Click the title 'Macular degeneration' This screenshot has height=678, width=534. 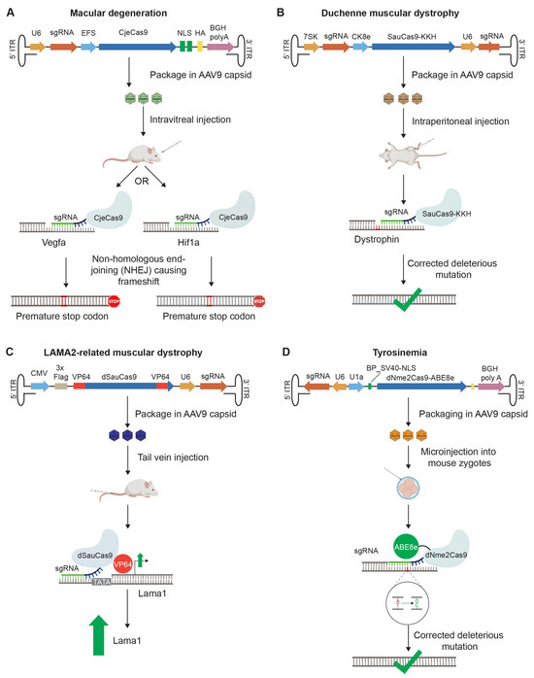pyautogui.click(x=135, y=12)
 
